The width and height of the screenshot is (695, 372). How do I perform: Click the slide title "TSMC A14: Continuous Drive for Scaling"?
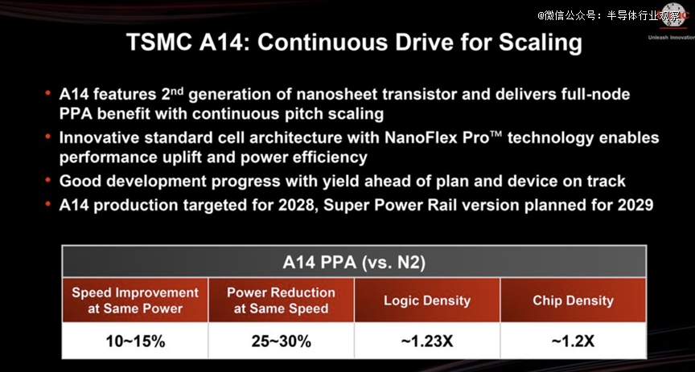354,43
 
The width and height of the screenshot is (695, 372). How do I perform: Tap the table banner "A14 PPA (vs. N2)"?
354,262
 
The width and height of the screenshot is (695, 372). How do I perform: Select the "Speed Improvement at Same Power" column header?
135,300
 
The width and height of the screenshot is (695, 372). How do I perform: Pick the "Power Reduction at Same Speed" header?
281,300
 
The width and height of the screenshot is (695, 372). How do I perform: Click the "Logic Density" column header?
427,300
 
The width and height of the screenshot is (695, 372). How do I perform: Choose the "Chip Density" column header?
573,300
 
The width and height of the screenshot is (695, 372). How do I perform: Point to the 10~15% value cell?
135,341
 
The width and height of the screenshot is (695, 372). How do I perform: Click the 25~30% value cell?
281,341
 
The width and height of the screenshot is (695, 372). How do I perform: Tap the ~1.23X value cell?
427,341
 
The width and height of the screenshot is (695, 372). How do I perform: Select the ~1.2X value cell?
573,341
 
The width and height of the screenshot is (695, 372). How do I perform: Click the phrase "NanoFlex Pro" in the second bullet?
439,137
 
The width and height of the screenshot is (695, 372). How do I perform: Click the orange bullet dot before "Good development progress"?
47,179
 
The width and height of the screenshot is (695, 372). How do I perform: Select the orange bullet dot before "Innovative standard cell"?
47,136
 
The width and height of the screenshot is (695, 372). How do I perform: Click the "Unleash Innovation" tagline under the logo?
671,38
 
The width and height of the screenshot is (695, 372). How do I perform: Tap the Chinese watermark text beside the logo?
608,16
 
